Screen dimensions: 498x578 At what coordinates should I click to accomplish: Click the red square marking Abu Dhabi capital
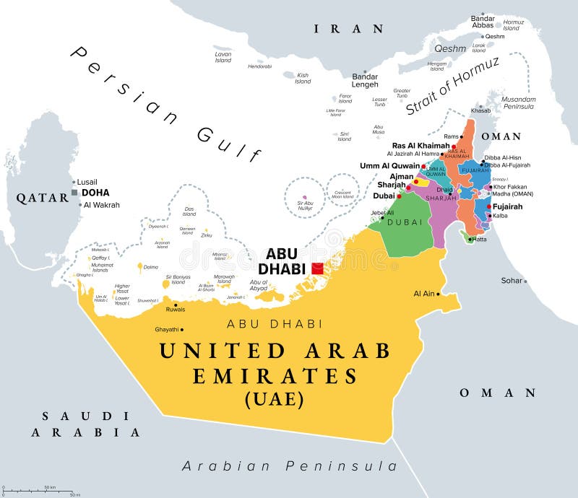pyautogui.click(x=318, y=268)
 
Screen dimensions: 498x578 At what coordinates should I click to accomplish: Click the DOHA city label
pyautogui.click(x=95, y=193)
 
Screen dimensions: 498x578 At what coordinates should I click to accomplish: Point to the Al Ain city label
pyautogui.click(x=424, y=294)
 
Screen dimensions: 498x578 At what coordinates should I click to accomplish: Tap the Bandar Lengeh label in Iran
pyautogui.click(x=365, y=80)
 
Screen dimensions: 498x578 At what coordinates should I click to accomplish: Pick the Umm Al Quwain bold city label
pyautogui.click(x=389, y=166)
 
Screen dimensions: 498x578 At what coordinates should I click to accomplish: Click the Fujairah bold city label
pyautogui.click(x=508, y=206)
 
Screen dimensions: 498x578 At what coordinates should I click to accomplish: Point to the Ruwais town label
pyautogui.click(x=176, y=309)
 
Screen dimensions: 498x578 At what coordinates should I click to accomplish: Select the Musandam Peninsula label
pyautogui.click(x=519, y=102)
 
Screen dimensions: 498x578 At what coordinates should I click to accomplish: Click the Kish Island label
pyautogui.click(x=303, y=78)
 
